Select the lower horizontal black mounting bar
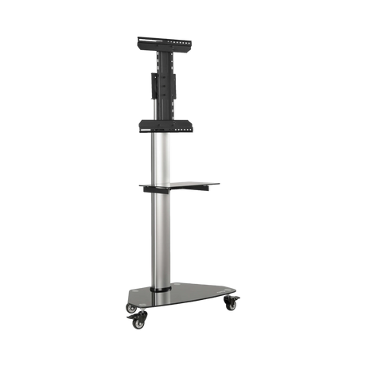click(x=167, y=124)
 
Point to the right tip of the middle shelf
click(x=219, y=184)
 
